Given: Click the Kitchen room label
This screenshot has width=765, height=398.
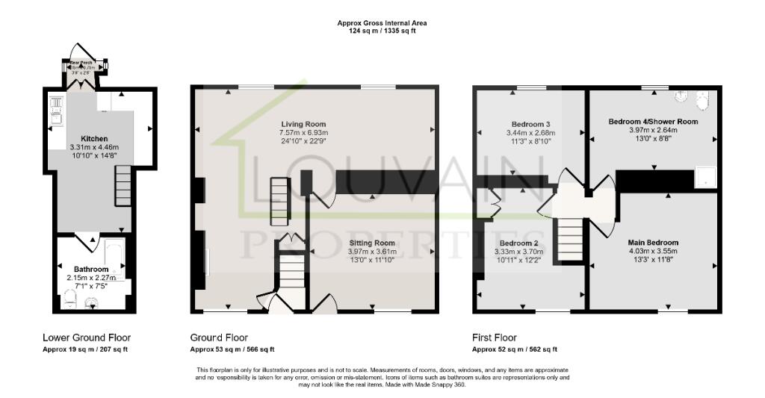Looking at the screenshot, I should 94,139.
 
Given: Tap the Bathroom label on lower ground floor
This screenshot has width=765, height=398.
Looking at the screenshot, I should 90,270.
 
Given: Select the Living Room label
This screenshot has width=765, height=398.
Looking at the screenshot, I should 303,124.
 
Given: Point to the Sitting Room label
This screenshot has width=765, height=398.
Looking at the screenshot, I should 371,243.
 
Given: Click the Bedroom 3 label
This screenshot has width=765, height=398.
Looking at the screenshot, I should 530,124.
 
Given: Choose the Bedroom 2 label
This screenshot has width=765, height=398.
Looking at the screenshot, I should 519,243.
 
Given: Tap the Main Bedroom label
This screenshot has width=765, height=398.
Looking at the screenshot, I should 653,243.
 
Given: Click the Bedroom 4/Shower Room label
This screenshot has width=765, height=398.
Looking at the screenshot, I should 653,121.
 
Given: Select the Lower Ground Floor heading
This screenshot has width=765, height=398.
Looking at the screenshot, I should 84,338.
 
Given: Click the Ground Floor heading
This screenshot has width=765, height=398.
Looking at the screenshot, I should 219,338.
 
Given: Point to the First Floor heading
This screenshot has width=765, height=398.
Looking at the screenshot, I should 495,338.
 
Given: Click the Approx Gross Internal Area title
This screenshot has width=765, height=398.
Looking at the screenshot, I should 382,24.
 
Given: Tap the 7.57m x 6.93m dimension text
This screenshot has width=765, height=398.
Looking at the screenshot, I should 303,132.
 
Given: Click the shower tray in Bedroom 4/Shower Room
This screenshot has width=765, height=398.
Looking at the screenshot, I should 704,177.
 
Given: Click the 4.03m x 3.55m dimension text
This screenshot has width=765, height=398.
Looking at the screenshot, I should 653,252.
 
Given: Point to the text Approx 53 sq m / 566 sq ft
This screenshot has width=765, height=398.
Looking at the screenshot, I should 232,349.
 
